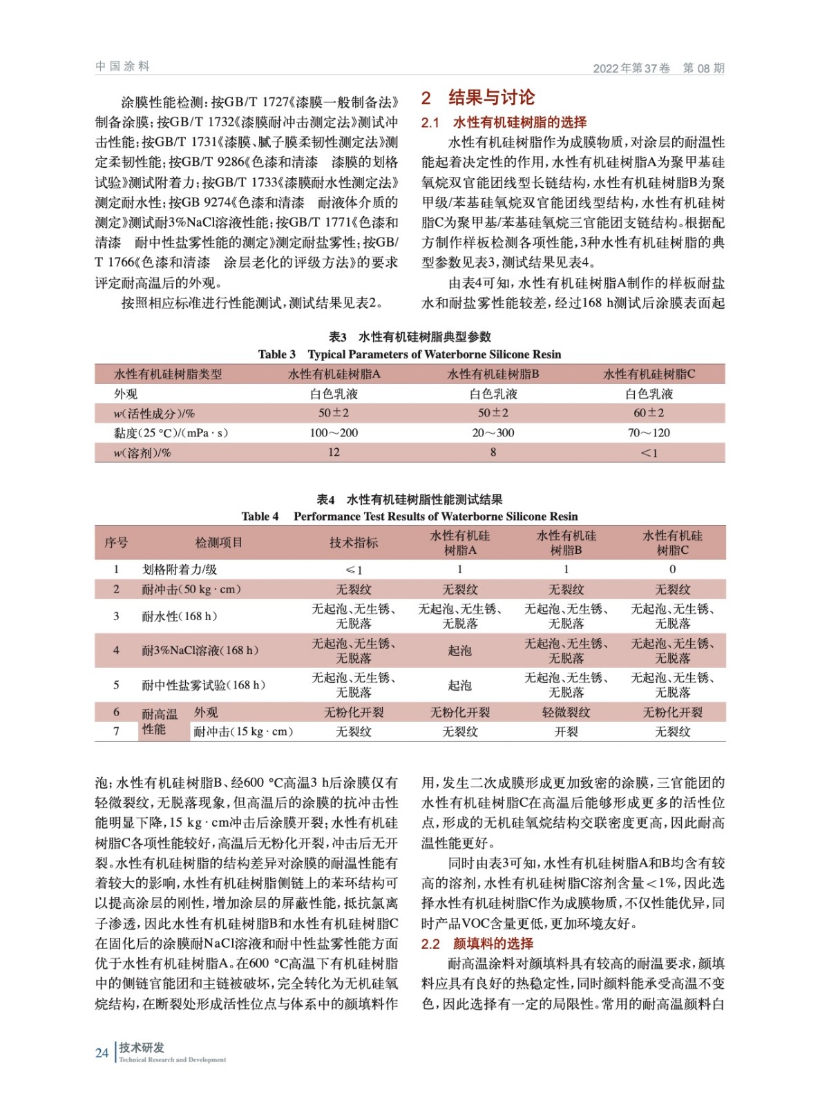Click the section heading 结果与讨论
[491, 97]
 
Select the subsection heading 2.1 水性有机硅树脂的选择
[504, 122]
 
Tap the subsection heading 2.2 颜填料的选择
[477, 943]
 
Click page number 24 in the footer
[102, 1053]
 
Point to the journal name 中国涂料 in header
[122, 66]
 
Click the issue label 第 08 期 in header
[703, 68]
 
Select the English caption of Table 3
[410, 354]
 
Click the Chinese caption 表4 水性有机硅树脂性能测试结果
[410, 499]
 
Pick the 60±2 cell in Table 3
[649, 413]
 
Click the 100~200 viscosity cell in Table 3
[334, 433]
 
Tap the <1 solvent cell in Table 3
[649, 453]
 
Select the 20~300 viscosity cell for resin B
[493, 433]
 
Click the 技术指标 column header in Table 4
[353, 543]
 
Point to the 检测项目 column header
[219, 543]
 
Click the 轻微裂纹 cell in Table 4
[566, 712]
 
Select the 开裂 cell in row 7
[566, 731]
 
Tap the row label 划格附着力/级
[180, 570]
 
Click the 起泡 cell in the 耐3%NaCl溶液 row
[459, 651]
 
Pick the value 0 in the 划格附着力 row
[672, 570]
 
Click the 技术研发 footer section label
[142, 1048]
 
